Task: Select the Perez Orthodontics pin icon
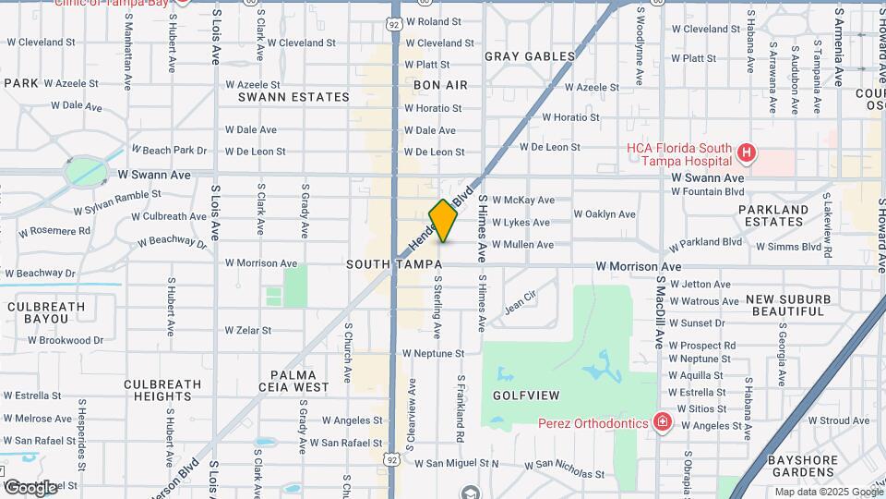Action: (662, 422)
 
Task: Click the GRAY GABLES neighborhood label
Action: (523, 56)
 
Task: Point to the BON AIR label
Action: (440, 85)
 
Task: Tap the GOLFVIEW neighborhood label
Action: (525, 396)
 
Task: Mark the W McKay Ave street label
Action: (523, 200)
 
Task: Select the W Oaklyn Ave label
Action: (605, 213)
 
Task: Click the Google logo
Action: (30, 487)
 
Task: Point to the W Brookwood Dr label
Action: (66, 340)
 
